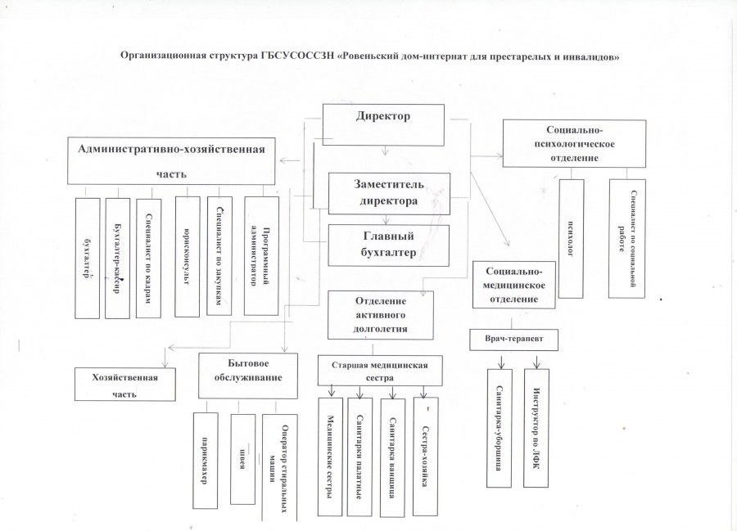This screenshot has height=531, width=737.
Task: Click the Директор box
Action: [382, 124]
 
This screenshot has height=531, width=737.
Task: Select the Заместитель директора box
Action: [389, 193]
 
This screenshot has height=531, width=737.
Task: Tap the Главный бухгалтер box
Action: [389, 245]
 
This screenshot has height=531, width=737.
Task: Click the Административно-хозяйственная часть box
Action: [171, 160]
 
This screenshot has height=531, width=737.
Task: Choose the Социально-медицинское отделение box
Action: [514, 284]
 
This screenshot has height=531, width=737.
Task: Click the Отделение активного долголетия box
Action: [380, 314]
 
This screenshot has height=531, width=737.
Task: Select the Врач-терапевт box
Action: [514, 338]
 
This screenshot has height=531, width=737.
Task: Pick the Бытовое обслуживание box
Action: [247, 375]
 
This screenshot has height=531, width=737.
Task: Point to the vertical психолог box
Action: [571, 238]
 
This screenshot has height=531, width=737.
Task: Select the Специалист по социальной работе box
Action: [626, 238]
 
